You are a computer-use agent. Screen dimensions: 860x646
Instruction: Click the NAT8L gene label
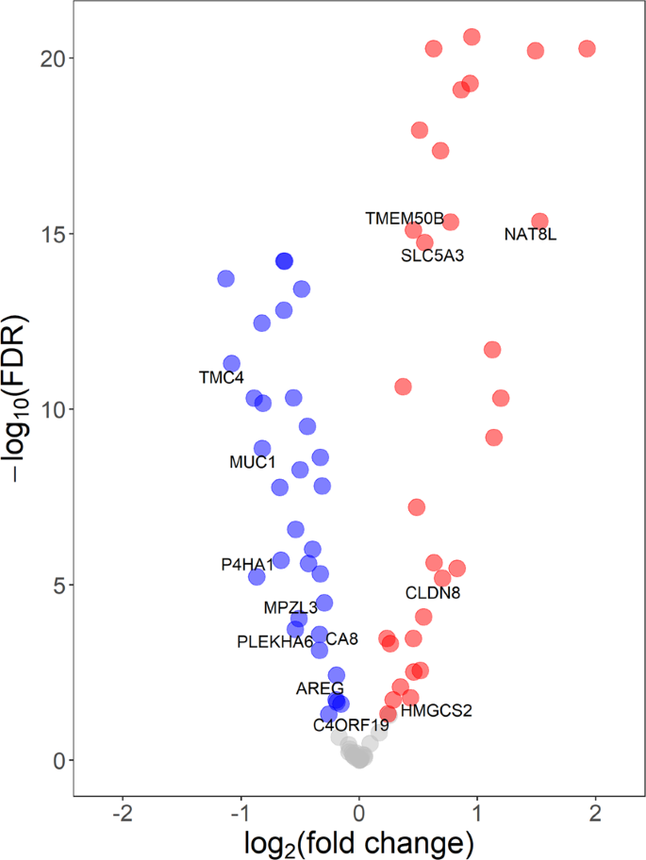pos(530,235)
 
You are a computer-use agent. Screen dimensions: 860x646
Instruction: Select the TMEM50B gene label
pos(404,219)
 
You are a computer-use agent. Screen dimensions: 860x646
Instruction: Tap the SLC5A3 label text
pos(432,255)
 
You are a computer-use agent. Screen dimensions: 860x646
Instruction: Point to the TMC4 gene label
pos(221,378)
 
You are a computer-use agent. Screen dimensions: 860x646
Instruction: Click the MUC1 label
pos(252,463)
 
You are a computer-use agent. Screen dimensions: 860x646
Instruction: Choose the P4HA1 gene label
pos(247,565)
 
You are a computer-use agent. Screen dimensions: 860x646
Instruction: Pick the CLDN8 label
pos(432,593)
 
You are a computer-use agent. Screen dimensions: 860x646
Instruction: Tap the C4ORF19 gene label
pos(351,725)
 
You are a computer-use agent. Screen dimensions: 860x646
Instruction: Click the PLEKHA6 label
pos(274,642)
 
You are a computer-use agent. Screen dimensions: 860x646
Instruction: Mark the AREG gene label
pos(320,688)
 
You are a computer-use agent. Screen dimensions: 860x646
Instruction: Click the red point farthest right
pos(587,48)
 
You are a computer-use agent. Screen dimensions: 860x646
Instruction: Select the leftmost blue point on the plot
pos(225,278)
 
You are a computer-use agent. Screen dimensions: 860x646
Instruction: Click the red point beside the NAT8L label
pos(539,221)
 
